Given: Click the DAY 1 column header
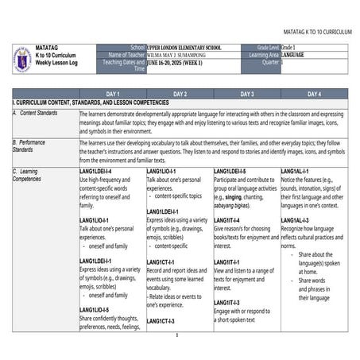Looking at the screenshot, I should (x=112, y=94).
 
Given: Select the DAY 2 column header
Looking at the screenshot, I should (x=180, y=94).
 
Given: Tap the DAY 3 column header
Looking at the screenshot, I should (x=246, y=94).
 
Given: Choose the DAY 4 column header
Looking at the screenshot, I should (x=314, y=94).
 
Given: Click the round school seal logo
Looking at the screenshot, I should (x=22, y=59).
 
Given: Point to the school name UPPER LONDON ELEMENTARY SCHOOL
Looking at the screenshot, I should (x=184, y=48).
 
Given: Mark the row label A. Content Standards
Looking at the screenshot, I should (x=36, y=114).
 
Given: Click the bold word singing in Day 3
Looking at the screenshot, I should (x=233, y=196).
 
